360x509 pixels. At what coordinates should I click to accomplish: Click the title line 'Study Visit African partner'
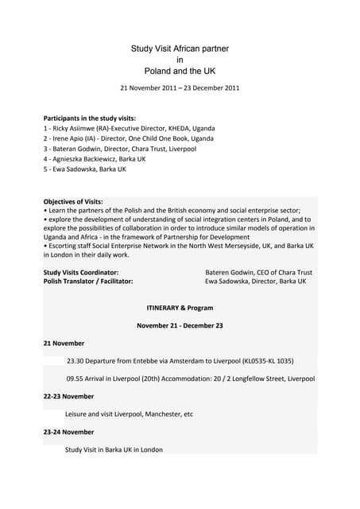(x=180, y=49)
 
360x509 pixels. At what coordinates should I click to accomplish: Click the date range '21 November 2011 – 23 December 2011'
(x=180, y=87)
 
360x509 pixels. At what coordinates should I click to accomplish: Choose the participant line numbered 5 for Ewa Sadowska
(x=84, y=169)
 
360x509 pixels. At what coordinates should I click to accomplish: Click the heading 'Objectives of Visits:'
(x=73, y=201)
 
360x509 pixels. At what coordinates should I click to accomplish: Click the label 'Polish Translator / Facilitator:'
(x=88, y=282)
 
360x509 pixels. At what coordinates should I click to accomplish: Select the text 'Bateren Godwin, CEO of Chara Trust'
(x=259, y=272)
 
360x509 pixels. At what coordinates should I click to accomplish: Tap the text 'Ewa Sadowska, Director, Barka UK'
(x=255, y=282)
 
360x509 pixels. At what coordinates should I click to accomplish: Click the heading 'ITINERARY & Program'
(x=180, y=307)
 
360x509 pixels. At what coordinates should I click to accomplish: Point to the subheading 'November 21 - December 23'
(x=180, y=325)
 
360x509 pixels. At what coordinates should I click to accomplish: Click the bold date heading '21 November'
(x=64, y=343)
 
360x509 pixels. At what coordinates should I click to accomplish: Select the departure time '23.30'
(x=76, y=360)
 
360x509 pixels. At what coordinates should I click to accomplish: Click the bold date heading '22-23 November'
(x=68, y=396)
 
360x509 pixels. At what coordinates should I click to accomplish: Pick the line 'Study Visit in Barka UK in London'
(x=114, y=449)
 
